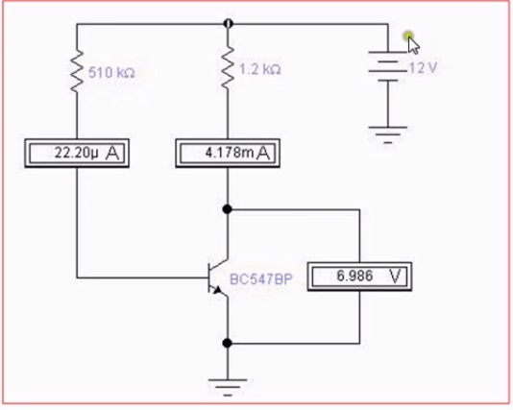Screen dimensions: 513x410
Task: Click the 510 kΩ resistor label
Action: pos(111,73)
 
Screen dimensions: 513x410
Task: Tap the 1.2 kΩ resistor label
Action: pos(260,70)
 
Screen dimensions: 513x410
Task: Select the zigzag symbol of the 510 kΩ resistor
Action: pos(77,71)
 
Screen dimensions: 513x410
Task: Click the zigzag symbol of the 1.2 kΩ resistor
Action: pos(228,67)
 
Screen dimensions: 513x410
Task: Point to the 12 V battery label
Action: pos(423,68)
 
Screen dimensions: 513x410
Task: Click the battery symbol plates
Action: pos(388,66)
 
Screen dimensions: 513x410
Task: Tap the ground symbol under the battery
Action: pos(388,134)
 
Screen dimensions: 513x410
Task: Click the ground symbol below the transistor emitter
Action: pos(228,388)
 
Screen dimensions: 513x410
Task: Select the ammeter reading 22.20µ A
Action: pos(77,154)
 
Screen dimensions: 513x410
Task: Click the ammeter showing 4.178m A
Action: pos(228,154)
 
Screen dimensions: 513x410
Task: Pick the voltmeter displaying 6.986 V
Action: pos(359,277)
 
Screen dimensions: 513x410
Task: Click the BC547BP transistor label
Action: pos(260,279)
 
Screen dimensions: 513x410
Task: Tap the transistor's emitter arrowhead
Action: pos(217,289)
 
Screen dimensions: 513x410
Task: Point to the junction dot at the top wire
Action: pos(228,24)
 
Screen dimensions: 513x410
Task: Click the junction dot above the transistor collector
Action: pos(227,209)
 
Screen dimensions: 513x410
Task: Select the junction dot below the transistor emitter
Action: pos(227,344)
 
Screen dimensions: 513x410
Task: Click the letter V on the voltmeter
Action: pos(396,277)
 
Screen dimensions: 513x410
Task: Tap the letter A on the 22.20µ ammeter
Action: pos(112,153)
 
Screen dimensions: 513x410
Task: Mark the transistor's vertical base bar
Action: pos(209,277)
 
